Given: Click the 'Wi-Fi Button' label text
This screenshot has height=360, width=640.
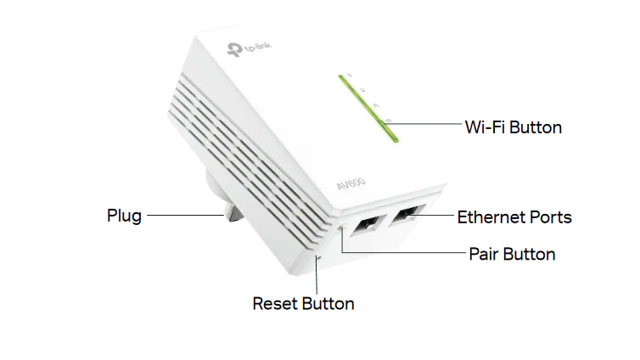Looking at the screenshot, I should pyautogui.click(x=513, y=127).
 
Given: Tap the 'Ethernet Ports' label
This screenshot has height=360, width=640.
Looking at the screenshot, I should pyautogui.click(x=514, y=217).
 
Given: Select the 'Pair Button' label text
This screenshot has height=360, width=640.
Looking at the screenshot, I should pyautogui.click(x=512, y=254).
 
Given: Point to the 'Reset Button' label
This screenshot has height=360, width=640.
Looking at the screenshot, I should pyautogui.click(x=303, y=303).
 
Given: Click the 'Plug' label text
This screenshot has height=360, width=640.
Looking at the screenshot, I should pyautogui.click(x=124, y=215).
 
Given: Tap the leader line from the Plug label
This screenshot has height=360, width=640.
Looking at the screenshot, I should pyautogui.click(x=182, y=216).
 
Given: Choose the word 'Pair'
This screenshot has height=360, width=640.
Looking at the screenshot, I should pyautogui.click(x=483, y=254).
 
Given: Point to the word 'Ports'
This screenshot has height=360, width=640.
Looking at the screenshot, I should pyautogui.click(x=552, y=217).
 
